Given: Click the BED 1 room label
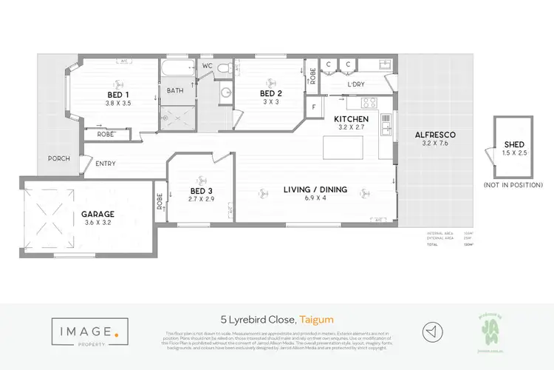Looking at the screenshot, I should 118,94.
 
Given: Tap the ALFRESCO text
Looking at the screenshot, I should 435,134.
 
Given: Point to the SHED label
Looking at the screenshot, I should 514,144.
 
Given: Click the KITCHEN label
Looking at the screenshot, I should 351,118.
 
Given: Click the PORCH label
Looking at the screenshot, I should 58,158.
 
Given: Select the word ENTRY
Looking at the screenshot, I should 105,164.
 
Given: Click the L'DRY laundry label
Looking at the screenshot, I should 356,84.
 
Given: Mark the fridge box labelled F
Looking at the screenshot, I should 314,107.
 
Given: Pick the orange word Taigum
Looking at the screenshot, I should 315,320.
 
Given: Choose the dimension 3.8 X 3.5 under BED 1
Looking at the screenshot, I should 118,103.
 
